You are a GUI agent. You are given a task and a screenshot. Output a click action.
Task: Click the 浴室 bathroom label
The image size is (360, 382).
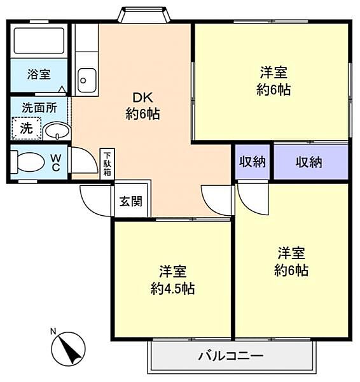pyautogui.click(x=39, y=74)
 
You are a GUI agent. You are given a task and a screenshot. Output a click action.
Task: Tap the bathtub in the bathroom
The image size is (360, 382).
pyautogui.click(x=39, y=41)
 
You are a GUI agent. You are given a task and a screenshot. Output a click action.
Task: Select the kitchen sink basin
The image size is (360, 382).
pyautogui.click(x=87, y=80)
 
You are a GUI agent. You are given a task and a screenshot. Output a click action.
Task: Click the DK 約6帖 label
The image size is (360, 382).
pyautogui.click(x=142, y=106)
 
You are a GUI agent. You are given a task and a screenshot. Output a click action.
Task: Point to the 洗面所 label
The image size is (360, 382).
pyautogui.click(x=39, y=108)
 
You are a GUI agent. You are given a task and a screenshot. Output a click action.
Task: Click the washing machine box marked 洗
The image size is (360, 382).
pyautogui.click(x=27, y=129)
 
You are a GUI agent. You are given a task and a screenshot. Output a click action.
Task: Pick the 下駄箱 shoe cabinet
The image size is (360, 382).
pyautogui.click(x=107, y=164)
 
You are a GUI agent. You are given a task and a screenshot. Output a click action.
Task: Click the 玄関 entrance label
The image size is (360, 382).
pyautogui.click(x=131, y=201)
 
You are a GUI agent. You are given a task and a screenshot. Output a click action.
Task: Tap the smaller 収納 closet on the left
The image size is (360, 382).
pyautogui.click(x=253, y=162)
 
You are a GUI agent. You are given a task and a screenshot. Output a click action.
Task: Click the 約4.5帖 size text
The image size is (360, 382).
pyautogui.click(x=172, y=288)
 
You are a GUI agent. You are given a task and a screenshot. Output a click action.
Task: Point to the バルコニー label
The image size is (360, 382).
pyautogui.click(x=231, y=356)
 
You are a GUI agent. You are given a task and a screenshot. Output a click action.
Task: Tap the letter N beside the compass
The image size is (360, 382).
pyautogui.click(x=53, y=331)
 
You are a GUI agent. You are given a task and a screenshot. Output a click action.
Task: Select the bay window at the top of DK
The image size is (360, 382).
pyautogui.click(x=143, y=15)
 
